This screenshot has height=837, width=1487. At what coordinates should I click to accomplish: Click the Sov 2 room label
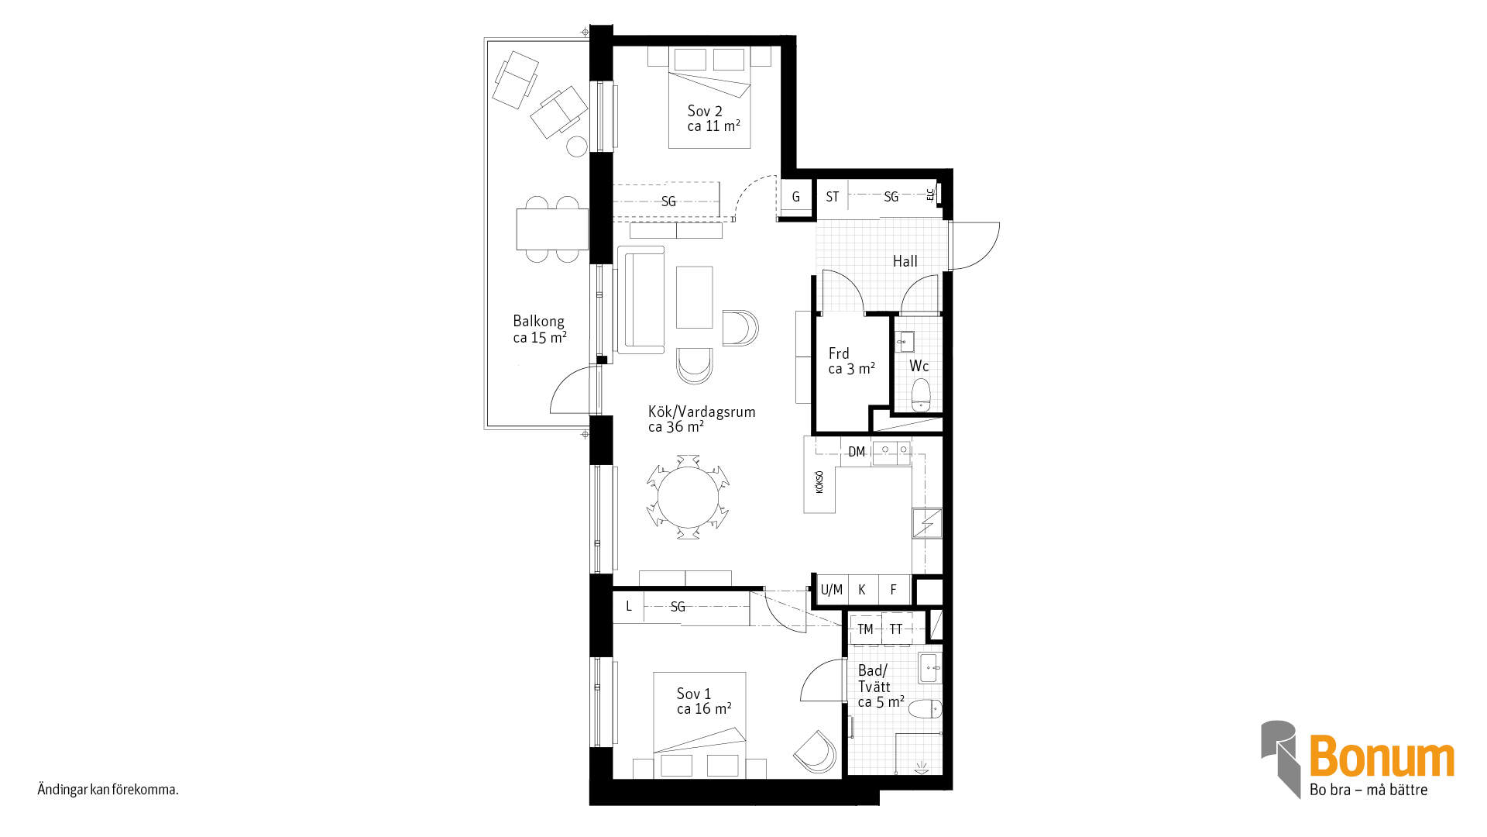pyautogui.click(x=705, y=112)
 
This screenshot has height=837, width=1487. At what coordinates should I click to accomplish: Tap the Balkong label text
pyautogui.click(x=539, y=322)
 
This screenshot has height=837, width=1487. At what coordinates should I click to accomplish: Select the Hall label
pyautogui.click(x=905, y=262)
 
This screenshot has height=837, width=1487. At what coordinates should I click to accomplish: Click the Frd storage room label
pyautogui.click(x=839, y=353)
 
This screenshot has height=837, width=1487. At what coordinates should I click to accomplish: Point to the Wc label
pyautogui.click(x=919, y=366)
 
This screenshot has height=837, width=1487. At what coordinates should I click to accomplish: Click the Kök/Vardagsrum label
pyautogui.click(x=702, y=412)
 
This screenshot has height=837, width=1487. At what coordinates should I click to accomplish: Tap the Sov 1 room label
pyautogui.click(x=694, y=694)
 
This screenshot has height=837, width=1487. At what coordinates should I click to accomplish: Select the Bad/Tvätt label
pyautogui.click(x=874, y=679)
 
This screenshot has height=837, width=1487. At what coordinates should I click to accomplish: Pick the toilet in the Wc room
pyautogui.click(x=920, y=395)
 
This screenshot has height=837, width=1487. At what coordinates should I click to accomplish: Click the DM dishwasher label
pyautogui.click(x=857, y=452)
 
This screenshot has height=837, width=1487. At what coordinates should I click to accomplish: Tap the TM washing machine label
pyautogui.click(x=865, y=629)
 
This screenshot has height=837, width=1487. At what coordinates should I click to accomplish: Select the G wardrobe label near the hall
pyautogui.click(x=795, y=197)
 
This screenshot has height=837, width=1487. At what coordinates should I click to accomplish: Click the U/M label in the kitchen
pyautogui.click(x=832, y=590)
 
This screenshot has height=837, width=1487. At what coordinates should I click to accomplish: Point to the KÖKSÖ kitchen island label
pyautogui.click(x=819, y=482)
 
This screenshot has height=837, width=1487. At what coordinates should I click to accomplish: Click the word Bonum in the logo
pyautogui.click(x=1382, y=756)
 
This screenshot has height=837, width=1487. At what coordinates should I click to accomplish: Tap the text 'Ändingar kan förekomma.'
pyautogui.click(x=108, y=790)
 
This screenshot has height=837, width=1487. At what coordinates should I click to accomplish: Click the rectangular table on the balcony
pyautogui.click(x=552, y=229)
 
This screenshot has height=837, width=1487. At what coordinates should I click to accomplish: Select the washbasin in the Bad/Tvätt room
pyautogui.click(x=930, y=668)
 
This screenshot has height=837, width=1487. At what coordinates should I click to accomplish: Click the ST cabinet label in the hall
pyautogui.click(x=833, y=197)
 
